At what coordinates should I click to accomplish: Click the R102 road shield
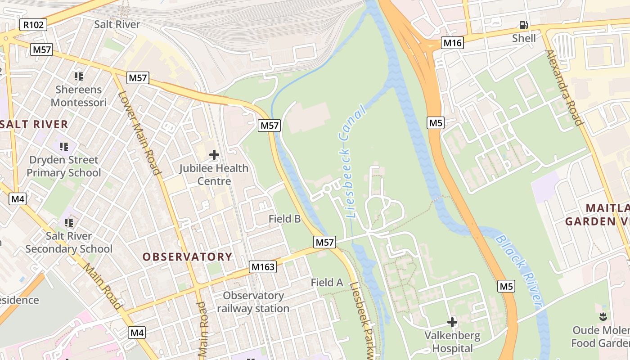(x=34, y=25)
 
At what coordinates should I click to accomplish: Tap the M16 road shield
(x=452, y=43)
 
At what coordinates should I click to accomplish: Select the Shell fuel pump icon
(x=523, y=25)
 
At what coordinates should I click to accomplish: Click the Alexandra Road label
(x=564, y=87)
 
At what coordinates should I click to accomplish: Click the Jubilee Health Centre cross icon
(x=214, y=155)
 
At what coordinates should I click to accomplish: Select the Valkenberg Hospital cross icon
(x=452, y=322)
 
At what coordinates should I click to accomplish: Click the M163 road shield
(x=263, y=267)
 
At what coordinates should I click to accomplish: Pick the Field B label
(x=284, y=219)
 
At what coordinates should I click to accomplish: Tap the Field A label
(x=327, y=283)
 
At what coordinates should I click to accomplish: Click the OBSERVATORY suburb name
(x=187, y=257)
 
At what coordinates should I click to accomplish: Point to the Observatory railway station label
(x=253, y=302)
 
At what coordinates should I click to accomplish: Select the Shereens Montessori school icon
(x=79, y=76)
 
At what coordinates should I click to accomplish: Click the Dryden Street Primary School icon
(x=64, y=146)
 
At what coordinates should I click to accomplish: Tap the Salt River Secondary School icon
(x=69, y=222)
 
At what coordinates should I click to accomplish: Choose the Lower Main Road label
(x=139, y=133)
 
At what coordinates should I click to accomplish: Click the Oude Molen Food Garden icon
(x=603, y=317)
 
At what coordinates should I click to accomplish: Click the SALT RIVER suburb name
(x=34, y=124)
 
